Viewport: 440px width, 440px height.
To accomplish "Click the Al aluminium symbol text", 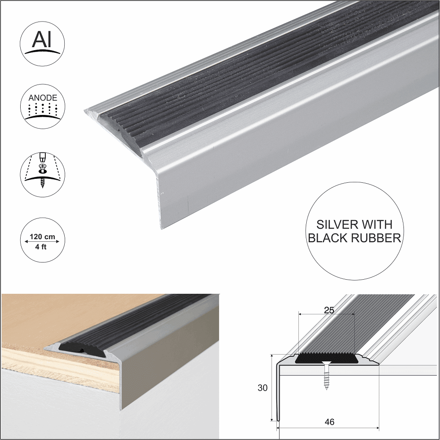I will click(42, 40).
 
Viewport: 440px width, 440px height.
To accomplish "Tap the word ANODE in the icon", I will click(42, 98).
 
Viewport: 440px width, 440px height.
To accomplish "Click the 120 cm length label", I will click(42, 237).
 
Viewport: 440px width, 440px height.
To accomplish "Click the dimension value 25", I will click(328, 310).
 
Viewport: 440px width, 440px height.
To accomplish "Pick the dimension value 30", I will click(263, 388).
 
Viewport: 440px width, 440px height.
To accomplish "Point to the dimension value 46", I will click(329, 422).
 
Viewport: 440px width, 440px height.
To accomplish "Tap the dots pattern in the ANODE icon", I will click(42, 110).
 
